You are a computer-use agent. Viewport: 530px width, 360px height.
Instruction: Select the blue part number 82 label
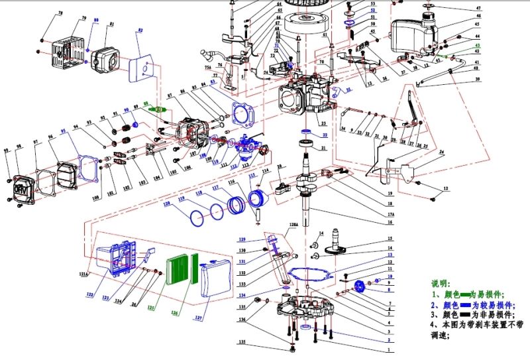140,30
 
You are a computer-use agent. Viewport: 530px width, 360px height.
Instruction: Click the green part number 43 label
478,45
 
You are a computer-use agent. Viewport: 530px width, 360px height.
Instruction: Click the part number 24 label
442,152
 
